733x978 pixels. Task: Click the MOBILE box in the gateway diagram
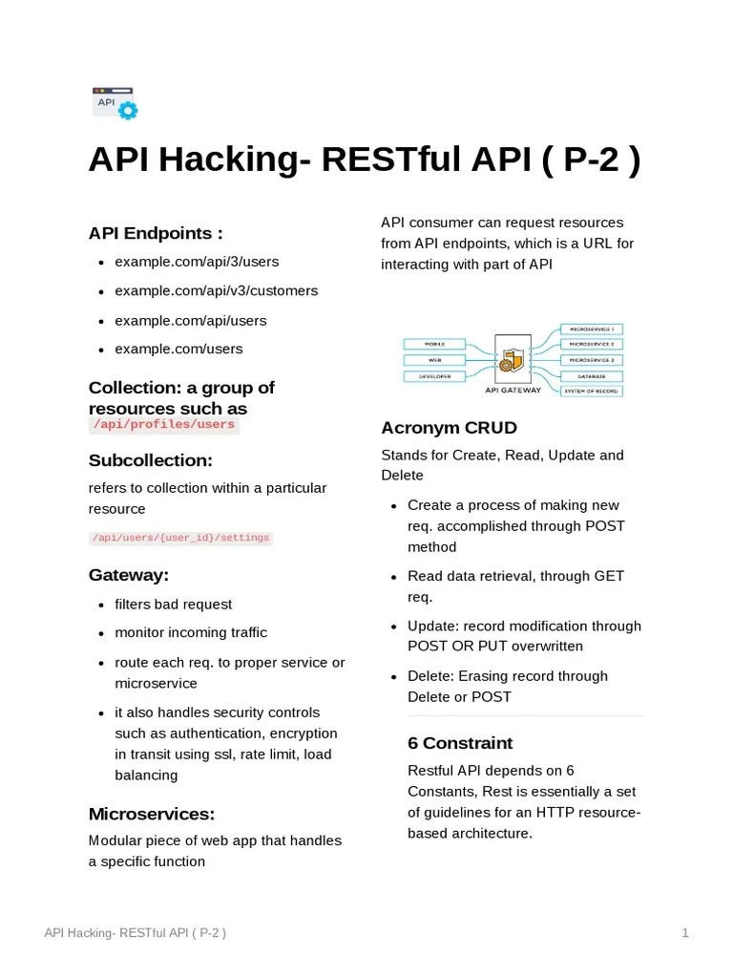(x=434, y=344)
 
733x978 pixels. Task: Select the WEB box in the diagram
(x=434, y=360)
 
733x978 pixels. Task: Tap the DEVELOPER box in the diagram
(x=434, y=376)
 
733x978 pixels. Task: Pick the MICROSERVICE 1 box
(x=591, y=329)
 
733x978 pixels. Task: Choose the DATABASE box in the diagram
(x=591, y=376)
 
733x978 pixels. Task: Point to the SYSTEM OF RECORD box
(x=591, y=392)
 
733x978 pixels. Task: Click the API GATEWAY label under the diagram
(x=513, y=390)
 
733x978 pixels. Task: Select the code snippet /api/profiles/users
(x=163, y=425)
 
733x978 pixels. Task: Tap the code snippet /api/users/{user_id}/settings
(x=180, y=539)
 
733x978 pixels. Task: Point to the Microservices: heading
(x=152, y=814)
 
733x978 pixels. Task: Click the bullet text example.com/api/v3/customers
(x=217, y=290)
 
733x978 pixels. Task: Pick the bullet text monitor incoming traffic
(x=191, y=632)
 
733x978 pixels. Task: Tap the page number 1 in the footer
(x=685, y=933)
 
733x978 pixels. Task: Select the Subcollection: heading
(x=151, y=460)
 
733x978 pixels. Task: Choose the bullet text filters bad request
(x=174, y=604)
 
